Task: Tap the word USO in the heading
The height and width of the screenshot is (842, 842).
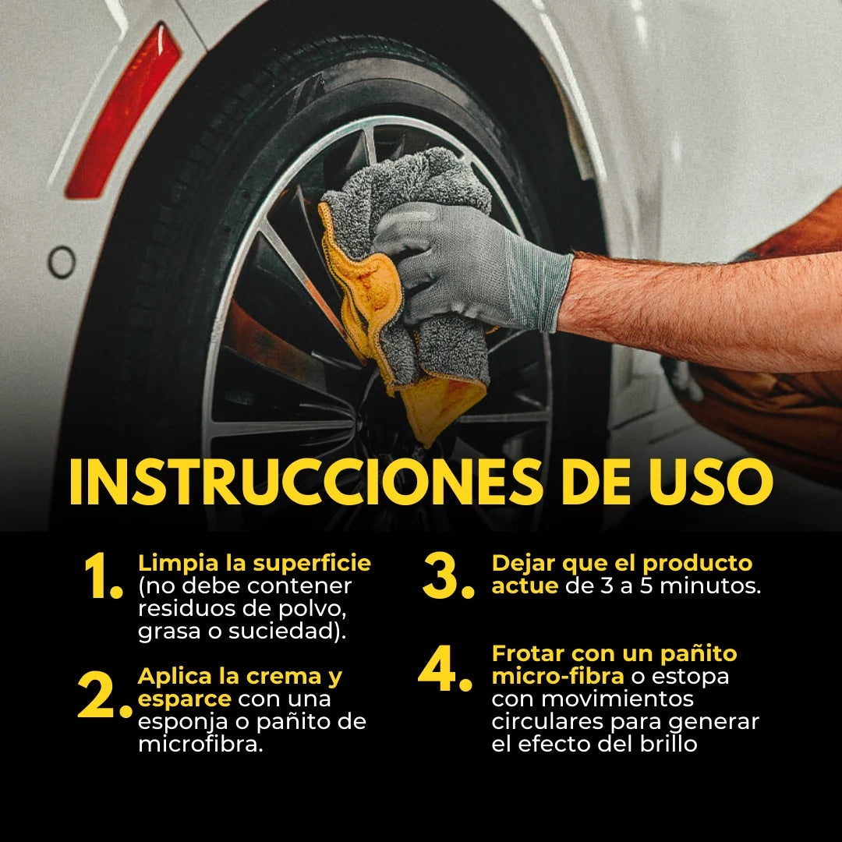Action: coord(710,481)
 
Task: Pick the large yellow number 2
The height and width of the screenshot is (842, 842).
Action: coord(104,695)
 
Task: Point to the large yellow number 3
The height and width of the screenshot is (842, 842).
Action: coord(448,576)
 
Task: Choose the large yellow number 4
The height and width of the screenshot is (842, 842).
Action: coord(445,669)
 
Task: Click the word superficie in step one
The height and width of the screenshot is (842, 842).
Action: coord(312,564)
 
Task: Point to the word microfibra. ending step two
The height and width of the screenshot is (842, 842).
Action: coord(201,745)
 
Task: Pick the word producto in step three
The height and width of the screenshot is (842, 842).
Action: coord(698,564)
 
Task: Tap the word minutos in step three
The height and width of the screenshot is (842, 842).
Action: coord(710,586)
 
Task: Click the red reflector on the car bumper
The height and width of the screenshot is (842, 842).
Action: coord(123,110)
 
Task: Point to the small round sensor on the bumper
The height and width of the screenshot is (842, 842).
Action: coord(62,262)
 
